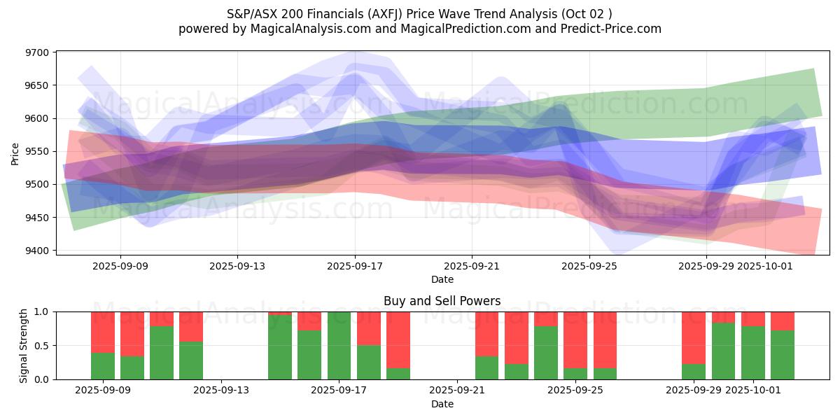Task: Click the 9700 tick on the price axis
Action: point(37,52)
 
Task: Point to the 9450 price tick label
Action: point(37,218)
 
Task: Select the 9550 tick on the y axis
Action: point(37,151)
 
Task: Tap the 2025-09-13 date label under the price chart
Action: point(237,266)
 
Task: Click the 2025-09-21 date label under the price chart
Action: point(472,266)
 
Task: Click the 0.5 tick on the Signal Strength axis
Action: point(42,346)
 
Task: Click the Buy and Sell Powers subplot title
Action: point(442,301)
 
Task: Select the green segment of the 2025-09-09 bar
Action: point(103,366)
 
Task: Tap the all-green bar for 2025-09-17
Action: point(339,345)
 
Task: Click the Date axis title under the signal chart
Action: point(442,404)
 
